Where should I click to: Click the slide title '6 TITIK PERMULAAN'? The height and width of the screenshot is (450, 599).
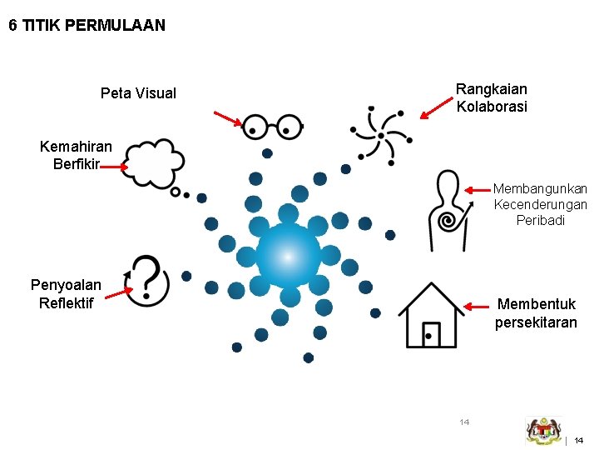(87, 26)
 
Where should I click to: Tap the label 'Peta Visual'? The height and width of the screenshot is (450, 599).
(138, 92)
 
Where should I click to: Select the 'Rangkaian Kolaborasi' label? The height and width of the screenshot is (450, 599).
(492, 97)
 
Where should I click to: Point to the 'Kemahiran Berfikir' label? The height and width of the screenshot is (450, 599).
(76, 155)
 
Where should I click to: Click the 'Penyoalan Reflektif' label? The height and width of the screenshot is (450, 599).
(66, 293)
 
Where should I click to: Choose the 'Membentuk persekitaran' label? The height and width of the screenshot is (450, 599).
(536, 313)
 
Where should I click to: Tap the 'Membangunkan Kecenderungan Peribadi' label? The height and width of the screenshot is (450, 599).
(540, 205)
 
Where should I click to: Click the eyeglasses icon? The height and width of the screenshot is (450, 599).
(272, 128)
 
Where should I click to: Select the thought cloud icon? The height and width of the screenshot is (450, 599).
(156, 166)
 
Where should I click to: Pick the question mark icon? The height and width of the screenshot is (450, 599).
(147, 280)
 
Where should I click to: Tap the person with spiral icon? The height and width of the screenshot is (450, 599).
(448, 211)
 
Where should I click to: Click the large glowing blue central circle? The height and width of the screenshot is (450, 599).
(288, 256)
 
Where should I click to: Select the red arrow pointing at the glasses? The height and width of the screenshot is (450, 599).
(227, 117)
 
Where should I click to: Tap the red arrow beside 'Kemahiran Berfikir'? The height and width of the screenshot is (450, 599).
(112, 167)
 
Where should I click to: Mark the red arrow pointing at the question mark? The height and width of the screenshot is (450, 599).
(119, 292)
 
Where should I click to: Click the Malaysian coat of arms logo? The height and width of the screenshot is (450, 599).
(544, 430)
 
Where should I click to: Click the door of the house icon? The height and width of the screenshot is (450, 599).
(431, 334)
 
